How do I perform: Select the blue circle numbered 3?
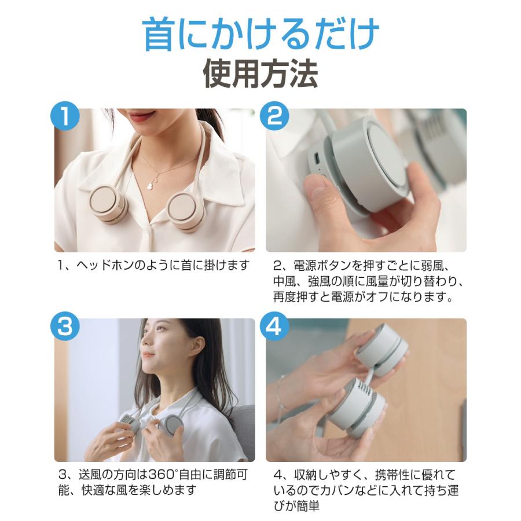click(64, 327)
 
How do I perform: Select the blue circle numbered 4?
click(275, 327)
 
